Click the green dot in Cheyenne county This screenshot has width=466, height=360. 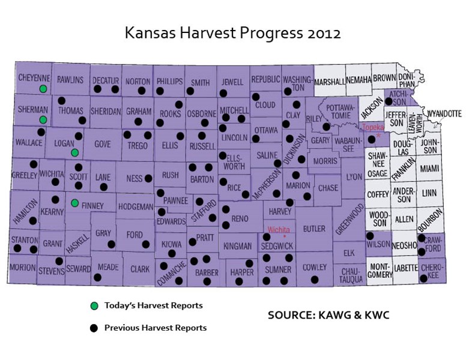43,89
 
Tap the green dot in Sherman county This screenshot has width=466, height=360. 43,119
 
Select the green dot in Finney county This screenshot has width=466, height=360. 74,203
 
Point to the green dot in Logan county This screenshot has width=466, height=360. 74,152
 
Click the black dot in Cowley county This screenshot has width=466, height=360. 314,280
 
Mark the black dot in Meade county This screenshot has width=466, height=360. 98,277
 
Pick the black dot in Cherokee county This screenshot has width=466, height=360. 423,278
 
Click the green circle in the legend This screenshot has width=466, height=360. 94,306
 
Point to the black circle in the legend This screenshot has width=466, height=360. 94,328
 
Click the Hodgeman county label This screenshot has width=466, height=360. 136,205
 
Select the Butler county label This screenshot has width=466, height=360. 314,229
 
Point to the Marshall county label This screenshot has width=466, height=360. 329,81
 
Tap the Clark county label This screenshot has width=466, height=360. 140,269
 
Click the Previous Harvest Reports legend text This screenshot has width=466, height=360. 155,328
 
